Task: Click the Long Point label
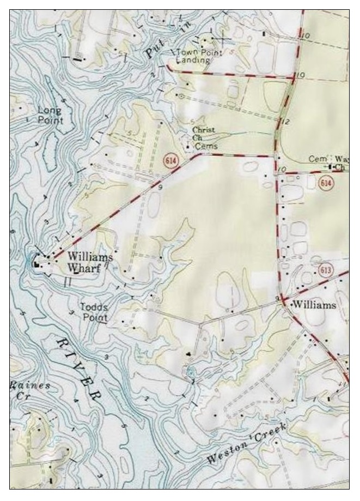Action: tap(50, 115)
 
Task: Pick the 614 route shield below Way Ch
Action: tap(326, 182)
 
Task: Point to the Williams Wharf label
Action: tap(90, 262)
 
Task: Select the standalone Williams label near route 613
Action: tap(314, 305)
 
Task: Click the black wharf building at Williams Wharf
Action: tap(38, 264)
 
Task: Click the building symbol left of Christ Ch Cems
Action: tap(187, 147)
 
